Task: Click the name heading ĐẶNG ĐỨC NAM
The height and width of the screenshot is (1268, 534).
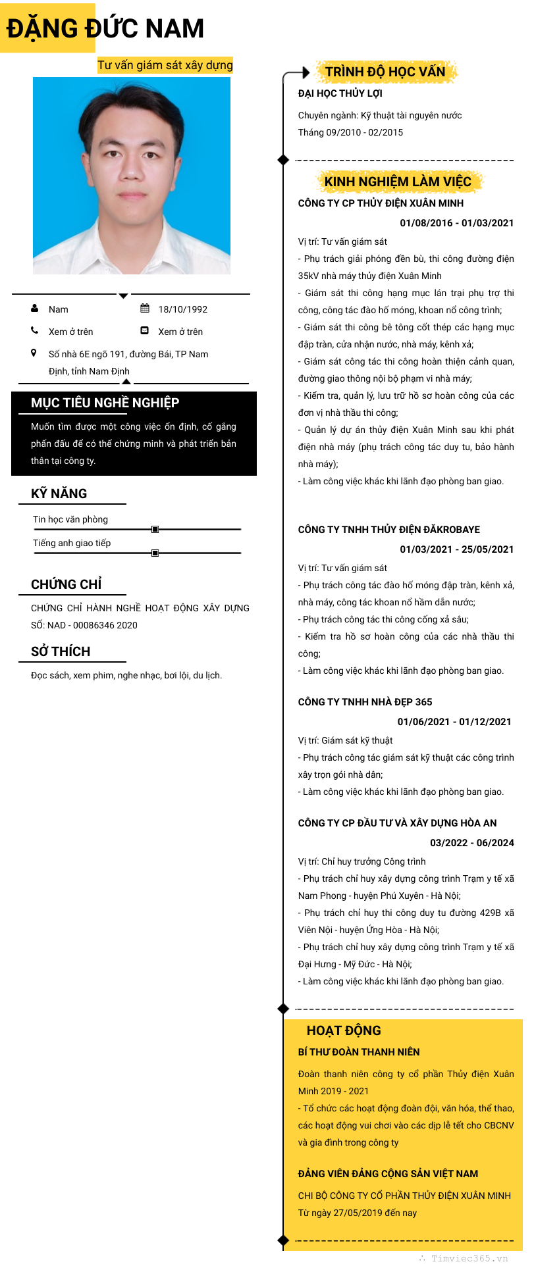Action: (105, 28)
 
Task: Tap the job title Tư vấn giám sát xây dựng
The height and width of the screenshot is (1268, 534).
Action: (165, 65)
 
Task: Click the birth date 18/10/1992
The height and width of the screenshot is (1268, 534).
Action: (182, 309)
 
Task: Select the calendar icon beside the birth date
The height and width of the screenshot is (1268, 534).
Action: (145, 309)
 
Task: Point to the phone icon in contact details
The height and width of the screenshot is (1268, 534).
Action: (35, 330)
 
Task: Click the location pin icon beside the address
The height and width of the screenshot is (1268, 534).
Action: (34, 353)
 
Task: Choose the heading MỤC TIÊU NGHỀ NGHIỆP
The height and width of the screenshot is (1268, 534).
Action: (105, 403)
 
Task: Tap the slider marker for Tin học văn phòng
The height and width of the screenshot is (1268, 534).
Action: (155, 529)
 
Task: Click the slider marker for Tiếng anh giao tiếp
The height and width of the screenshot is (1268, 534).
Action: (155, 553)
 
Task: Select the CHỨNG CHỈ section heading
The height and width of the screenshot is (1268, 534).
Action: (67, 584)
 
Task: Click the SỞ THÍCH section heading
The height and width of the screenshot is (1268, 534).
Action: (61, 651)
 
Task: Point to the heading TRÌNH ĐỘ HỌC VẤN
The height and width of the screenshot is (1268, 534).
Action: (385, 72)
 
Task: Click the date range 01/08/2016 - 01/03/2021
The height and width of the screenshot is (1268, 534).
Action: (456, 223)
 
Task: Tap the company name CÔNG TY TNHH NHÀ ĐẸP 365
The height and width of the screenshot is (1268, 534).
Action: (365, 702)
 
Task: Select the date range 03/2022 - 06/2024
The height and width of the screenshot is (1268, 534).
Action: (471, 843)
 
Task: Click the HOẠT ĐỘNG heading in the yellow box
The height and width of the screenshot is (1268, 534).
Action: (344, 1030)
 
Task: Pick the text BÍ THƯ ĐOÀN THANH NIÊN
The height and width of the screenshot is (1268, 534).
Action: (359, 1052)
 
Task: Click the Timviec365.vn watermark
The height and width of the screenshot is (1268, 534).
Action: (464, 1258)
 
